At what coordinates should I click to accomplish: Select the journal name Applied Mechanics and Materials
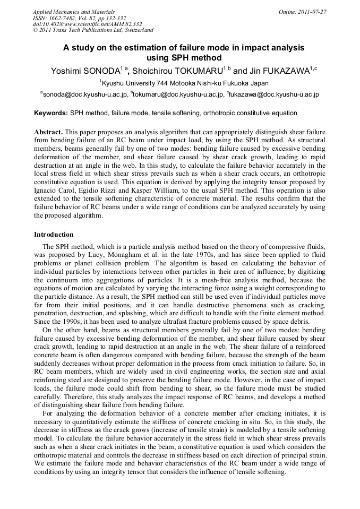coord(74,11)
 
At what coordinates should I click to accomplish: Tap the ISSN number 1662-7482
coord(66,18)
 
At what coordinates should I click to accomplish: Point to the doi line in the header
coord(87,24)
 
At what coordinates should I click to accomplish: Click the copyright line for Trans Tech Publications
coord(93,30)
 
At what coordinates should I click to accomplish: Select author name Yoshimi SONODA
coord(88,71)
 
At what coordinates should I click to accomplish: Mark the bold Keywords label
coord(51,113)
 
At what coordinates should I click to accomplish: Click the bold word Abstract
coord(49,131)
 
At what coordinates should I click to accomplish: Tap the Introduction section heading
coord(54,234)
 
